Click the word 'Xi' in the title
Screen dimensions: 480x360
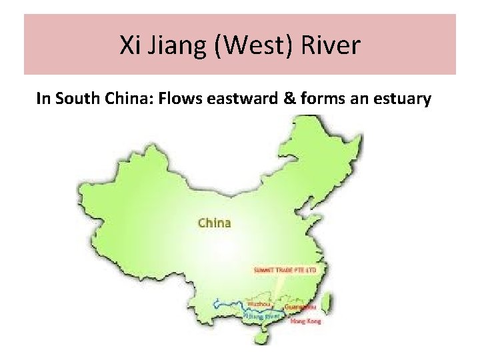click(129, 45)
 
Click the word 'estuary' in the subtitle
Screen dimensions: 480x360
click(401, 99)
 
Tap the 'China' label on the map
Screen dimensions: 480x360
click(214, 223)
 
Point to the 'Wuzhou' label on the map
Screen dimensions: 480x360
click(258, 304)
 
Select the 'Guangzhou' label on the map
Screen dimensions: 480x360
click(296, 307)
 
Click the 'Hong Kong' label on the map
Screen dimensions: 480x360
click(305, 321)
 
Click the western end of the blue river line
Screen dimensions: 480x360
click(215, 304)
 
